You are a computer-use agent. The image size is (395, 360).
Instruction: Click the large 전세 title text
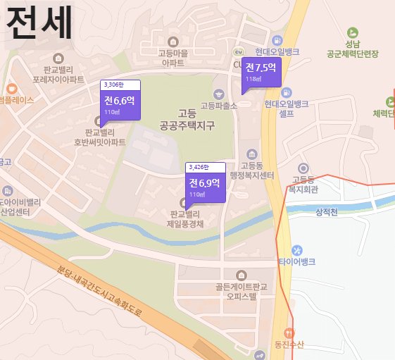point(39,23)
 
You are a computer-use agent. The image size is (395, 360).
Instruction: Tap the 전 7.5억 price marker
point(261,71)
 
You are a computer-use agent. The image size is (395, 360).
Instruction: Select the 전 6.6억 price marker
point(120,104)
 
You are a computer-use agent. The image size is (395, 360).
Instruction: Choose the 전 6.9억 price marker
point(205,187)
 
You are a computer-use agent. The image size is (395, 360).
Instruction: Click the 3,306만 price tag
point(120,85)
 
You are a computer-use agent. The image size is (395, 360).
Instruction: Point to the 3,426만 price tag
point(205,168)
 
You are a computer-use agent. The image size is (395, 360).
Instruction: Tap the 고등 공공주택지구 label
point(187,120)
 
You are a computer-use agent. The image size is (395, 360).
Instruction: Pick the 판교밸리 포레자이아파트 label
point(63,74)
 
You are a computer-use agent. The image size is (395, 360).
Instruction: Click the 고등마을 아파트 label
point(172,58)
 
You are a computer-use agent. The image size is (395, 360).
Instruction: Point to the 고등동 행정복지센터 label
point(252,171)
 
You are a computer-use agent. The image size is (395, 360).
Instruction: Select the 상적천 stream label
point(327,212)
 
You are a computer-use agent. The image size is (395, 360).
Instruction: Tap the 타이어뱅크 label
point(297,261)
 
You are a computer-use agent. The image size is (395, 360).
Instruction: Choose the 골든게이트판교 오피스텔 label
point(242,292)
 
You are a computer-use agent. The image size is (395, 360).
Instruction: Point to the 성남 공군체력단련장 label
point(353,48)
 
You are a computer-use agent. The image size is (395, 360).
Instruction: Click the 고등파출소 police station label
point(219,106)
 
